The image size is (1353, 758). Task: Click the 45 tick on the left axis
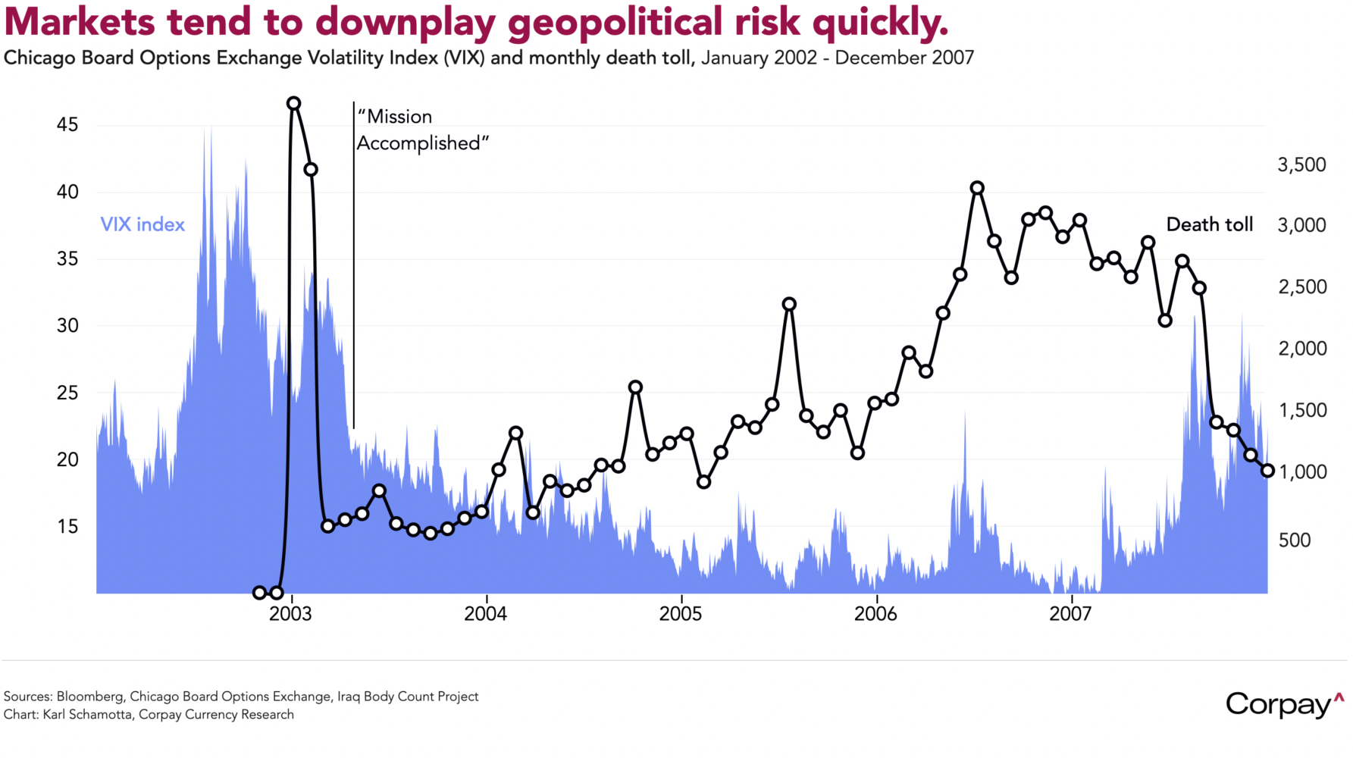point(67,125)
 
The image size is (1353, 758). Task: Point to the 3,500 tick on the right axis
point(1301,165)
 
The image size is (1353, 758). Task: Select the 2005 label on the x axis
point(681,614)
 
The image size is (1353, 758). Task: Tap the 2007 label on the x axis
point(1070,614)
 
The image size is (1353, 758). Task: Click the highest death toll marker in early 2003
point(293,104)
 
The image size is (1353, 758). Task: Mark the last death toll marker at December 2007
point(1267,471)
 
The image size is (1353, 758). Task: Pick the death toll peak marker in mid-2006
point(977,188)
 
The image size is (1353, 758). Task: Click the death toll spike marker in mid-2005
point(789,304)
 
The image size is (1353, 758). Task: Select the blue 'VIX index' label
point(143,224)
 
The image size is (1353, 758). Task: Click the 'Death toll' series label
point(1209,224)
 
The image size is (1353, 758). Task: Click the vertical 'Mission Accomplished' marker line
point(353,265)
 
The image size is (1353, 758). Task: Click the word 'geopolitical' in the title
point(615,22)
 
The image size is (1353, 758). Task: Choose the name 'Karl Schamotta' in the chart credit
point(86,714)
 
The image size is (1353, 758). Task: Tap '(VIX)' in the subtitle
point(464,58)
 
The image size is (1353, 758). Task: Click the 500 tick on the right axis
point(1295,540)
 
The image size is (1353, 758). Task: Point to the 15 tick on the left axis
point(67,526)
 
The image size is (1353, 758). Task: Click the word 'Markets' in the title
point(80,22)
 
